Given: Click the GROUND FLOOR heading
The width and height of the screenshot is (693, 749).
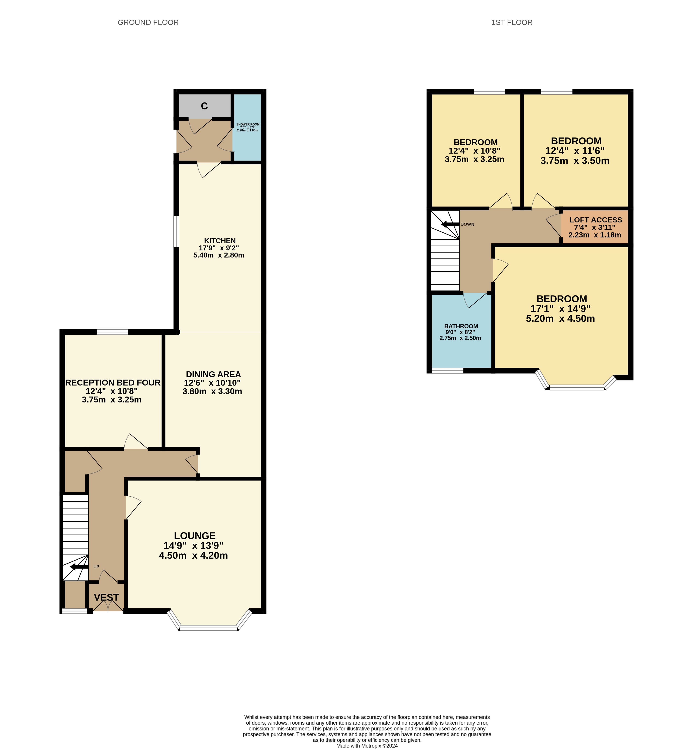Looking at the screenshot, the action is click(x=148, y=22).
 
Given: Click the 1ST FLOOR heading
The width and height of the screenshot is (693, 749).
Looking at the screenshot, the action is click(x=512, y=22).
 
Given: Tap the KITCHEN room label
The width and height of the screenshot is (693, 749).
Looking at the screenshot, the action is click(x=220, y=241).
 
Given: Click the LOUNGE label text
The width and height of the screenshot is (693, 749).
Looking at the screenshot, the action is click(x=195, y=536).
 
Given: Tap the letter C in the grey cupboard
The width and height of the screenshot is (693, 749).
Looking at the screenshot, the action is click(x=204, y=106).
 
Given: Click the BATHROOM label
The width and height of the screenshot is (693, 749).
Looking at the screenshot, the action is click(x=461, y=326).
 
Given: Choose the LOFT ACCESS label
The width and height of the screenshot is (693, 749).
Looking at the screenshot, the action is click(x=596, y=220).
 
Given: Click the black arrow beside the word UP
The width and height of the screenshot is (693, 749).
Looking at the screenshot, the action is click(x=79, y=566).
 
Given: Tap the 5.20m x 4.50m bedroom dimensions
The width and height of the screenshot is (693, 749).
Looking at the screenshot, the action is click(x=560, y=319).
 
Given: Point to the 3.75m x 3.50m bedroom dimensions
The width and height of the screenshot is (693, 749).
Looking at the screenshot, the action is click(x=575, y=161).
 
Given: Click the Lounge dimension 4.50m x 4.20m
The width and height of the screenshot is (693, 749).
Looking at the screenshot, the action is click(x=193, y=556).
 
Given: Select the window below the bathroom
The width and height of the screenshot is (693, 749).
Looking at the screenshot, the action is click(x=448, y=371).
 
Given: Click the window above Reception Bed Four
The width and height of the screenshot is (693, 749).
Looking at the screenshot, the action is click(x=112, y=332).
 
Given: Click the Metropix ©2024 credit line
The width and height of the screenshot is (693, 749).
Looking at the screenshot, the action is click(x=367, y=746).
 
